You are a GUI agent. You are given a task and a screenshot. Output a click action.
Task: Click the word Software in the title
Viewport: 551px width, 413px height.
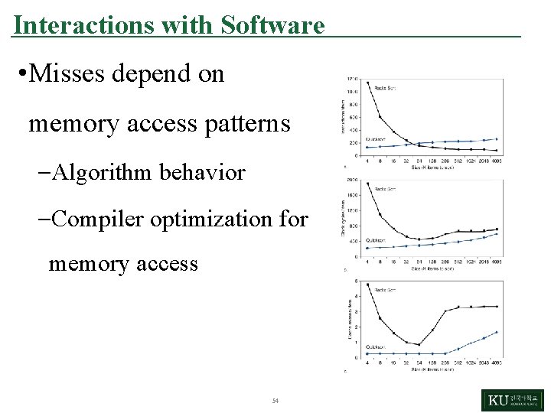(x=272, y=25)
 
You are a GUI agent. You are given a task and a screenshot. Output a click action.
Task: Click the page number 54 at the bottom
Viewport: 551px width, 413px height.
(x=275, y=401)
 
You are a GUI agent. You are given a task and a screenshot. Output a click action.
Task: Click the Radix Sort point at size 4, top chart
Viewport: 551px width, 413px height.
(x=367, y=83)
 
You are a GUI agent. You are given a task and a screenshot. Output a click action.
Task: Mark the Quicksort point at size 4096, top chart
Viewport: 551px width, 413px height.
(x=496, y=139)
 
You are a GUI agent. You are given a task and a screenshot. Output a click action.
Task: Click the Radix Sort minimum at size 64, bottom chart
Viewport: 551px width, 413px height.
(x=419, y=344)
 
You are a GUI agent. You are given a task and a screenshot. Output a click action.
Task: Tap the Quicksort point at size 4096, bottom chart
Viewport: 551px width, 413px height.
(x=496, y=332)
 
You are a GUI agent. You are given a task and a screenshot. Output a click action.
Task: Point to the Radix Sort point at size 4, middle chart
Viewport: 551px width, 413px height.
(x=367, y=184)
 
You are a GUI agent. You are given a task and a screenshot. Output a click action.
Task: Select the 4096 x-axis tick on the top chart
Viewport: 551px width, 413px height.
(x=496, y=161)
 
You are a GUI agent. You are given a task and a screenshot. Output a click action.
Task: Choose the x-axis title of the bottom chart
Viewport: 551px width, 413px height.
(x=432, y=369)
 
